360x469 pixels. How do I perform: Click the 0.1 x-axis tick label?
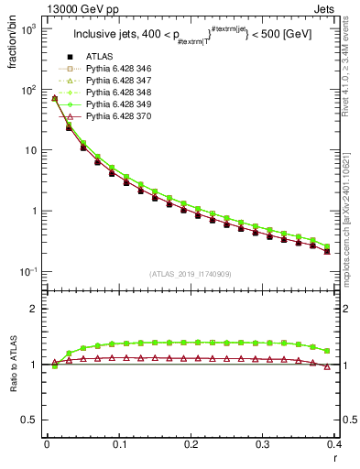click(x=118, y=443)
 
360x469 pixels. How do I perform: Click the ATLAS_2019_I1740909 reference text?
click(x=191, y=275)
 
